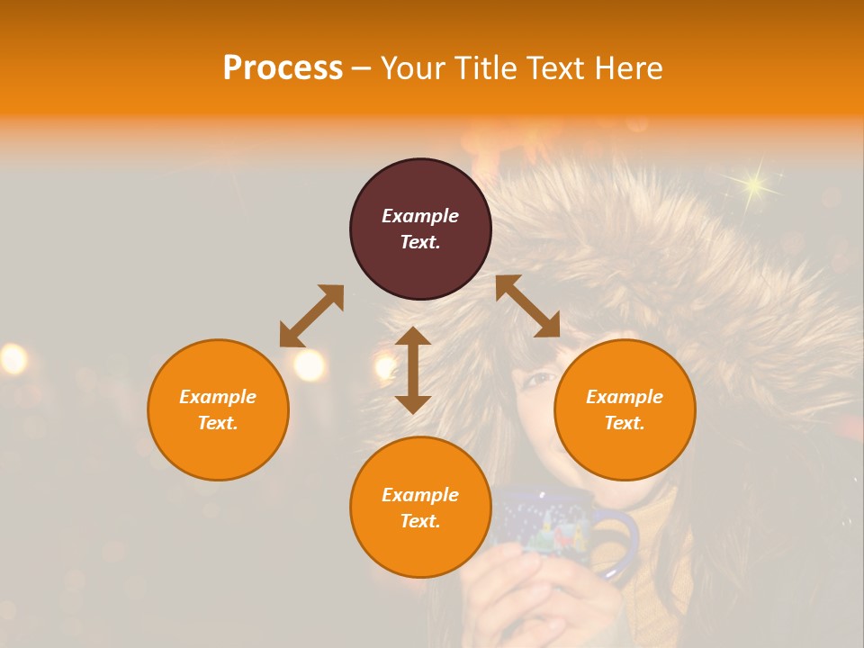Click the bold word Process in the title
[283, 68]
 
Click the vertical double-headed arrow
[413, 370]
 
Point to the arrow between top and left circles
[311, 316]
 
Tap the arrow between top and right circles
[528, 306]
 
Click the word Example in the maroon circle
[420, 216]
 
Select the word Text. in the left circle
[218, 423]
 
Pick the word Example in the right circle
[625, 397]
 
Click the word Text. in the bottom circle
[420, 521]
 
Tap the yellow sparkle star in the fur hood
[753, 185]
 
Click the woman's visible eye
[540, 379]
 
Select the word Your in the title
[409, 68]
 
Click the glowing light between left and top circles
[309, 364]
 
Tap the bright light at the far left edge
[13, 359]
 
